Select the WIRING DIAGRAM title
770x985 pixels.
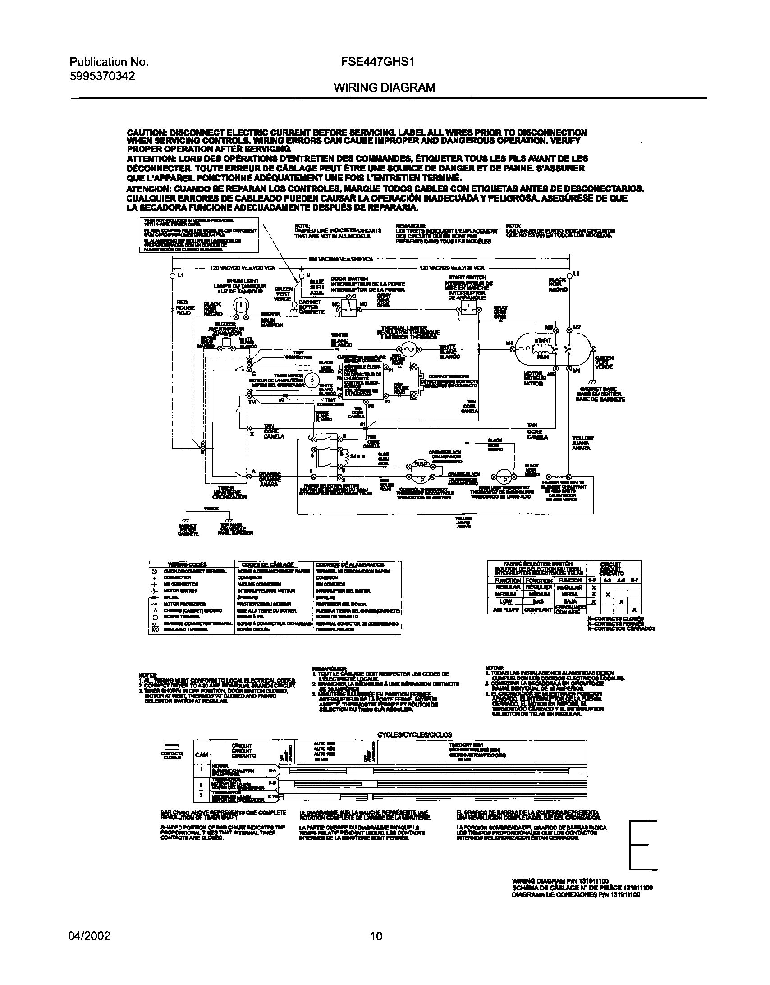(384, 87)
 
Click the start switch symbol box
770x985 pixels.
(469, 311)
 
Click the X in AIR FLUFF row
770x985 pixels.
(634, 610)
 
